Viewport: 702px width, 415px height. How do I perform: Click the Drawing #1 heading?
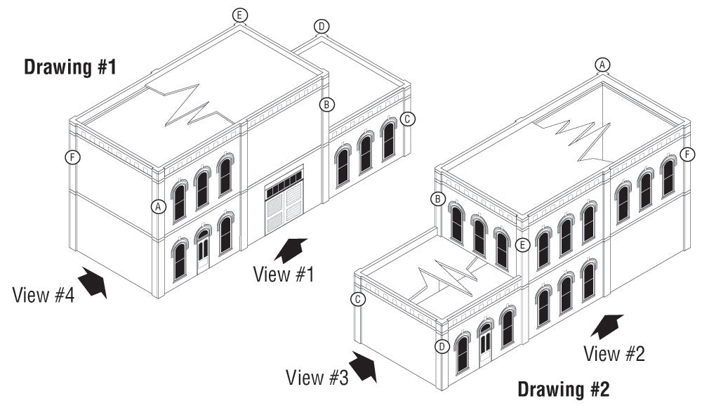(69, 68)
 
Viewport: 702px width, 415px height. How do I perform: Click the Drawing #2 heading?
(564, 388)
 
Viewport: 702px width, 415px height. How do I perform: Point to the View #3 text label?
(317, 377)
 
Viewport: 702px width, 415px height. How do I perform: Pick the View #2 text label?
(614, 353)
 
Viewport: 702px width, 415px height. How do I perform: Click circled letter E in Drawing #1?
(240, 15)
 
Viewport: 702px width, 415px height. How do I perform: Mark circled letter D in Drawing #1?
(322, 27)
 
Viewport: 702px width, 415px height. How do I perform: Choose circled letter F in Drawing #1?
(70, 157)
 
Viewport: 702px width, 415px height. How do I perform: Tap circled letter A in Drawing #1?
(159, 206)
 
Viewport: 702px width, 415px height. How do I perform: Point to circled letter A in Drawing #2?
(602, 65)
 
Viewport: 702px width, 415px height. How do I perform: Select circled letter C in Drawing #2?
(358, 300)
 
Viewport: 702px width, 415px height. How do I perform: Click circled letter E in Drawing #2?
(521, 245)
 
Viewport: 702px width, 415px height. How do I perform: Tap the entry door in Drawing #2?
(485, 346)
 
